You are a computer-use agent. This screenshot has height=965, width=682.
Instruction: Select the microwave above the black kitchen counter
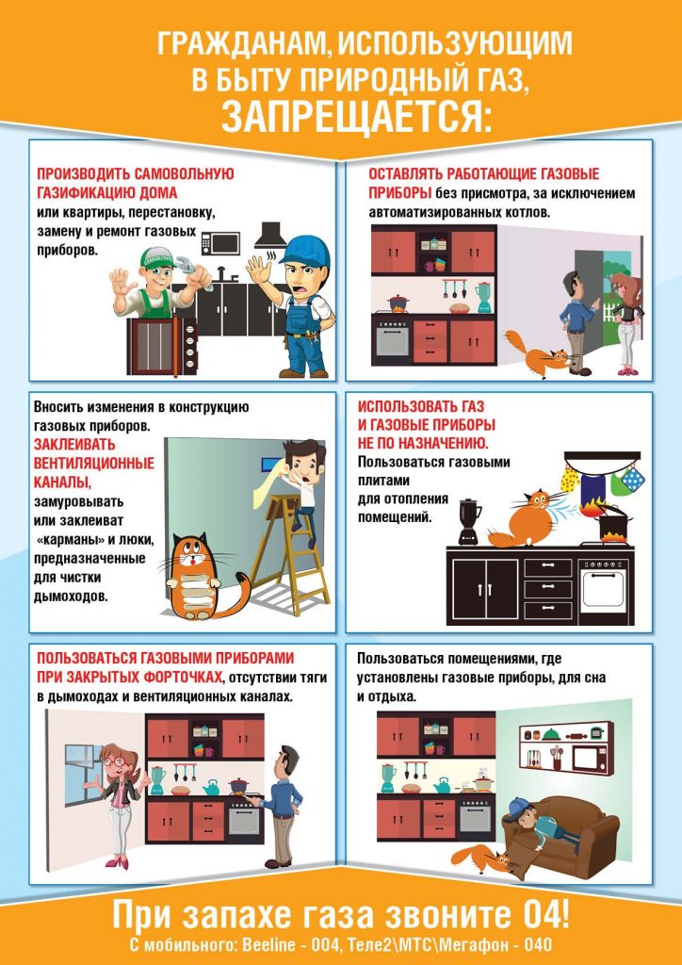[x=220, y=242]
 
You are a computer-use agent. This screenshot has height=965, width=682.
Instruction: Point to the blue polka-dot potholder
[x=630, y=479]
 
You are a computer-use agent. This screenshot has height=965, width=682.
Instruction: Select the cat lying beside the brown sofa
[x=486, y=858]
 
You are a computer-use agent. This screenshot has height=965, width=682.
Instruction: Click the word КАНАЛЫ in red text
[x=63, y=480]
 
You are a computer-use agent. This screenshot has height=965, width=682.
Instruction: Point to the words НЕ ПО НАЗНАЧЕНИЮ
[x=423, y=443]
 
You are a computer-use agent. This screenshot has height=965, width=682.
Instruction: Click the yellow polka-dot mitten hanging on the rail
[x=570, y=479]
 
